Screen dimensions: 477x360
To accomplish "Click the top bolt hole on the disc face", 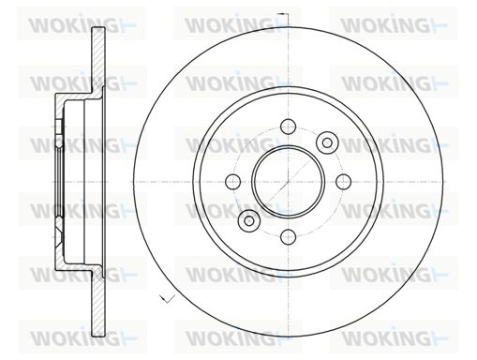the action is [288, 127].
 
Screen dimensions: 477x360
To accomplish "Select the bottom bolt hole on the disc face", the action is [288, 236].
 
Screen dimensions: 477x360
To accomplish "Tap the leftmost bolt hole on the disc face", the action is [233, 182].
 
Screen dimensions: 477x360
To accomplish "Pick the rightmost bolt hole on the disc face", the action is [343, 182].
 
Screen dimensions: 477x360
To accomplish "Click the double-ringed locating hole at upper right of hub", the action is [327, 142].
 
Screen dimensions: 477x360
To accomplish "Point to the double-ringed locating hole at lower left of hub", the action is [249, 220].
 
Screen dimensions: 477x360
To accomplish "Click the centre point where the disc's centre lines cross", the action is [288, 182].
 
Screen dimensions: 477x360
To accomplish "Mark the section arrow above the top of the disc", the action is [284, 15].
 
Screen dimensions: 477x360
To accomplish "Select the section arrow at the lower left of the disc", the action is [167, 299].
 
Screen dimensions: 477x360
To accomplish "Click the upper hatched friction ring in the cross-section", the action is [97, 59].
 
